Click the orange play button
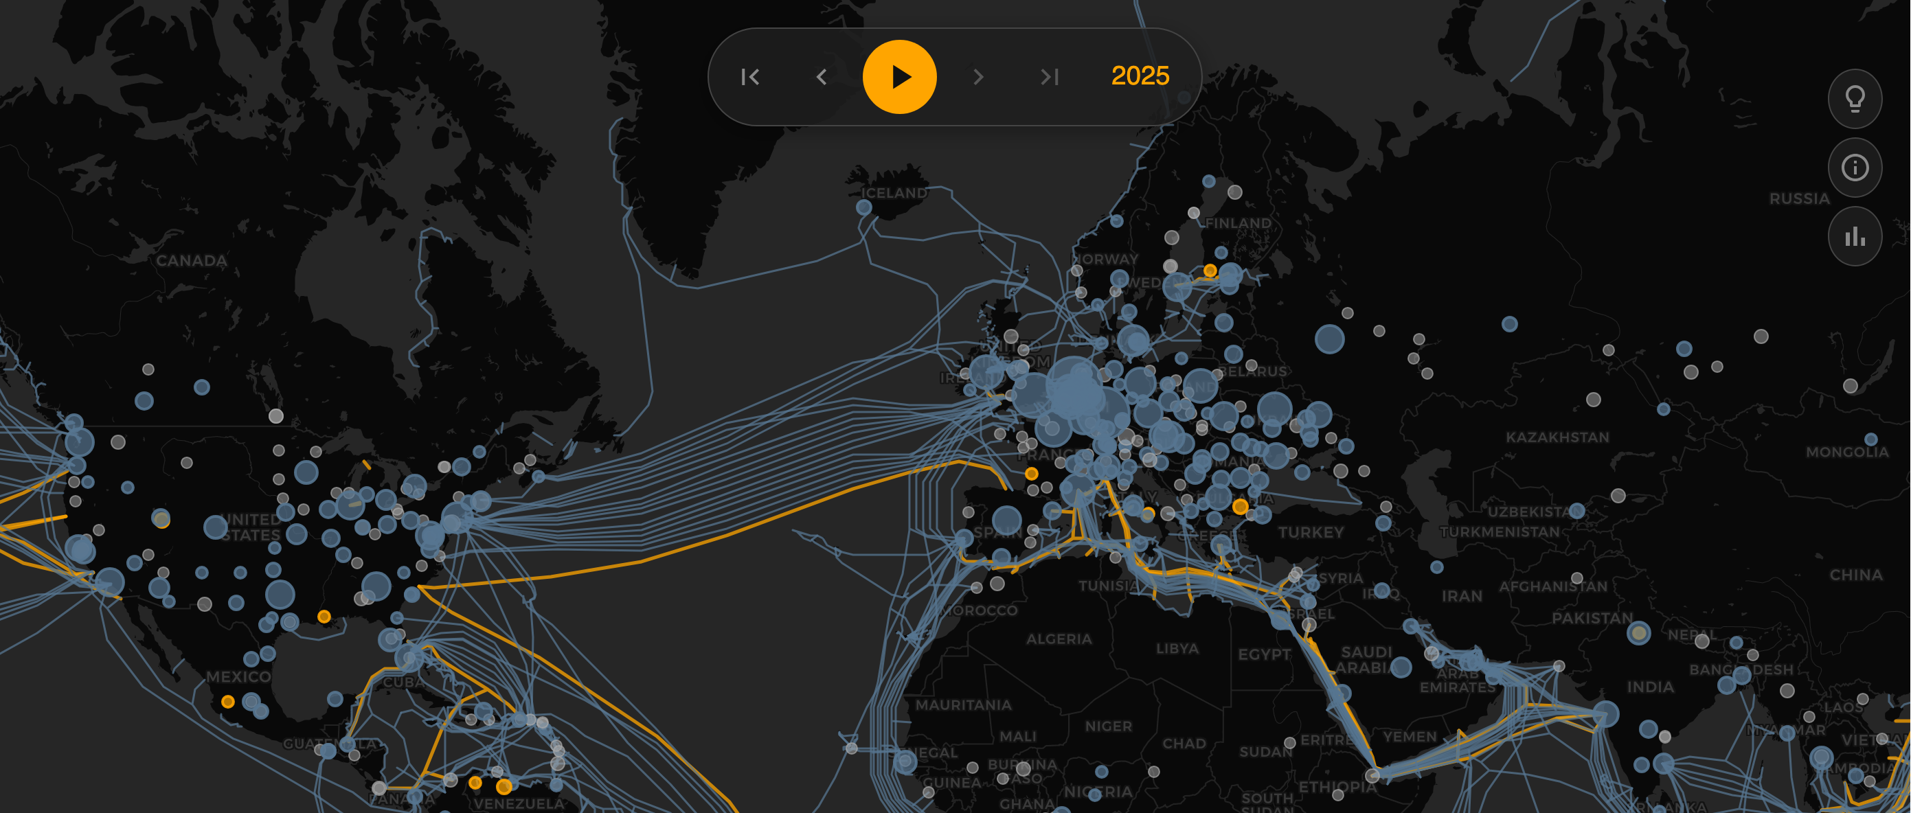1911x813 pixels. [x=899, y=76]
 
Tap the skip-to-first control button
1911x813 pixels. [x=750, y=76]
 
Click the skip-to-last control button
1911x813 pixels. [x=1049, y=76]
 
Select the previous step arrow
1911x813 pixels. [x=822, y=76]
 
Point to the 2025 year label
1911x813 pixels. [x=1140, y=76]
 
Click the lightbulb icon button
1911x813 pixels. [x=1855, y=99]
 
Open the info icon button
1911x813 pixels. [x=1855, y=168]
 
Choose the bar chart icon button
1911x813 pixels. [x=1855, y=237]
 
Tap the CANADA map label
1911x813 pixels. [x=192, y=260]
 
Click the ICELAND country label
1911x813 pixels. [x=894, y=193]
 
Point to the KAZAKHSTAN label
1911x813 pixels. [x=1557, y=437]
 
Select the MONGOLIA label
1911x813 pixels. [x=1846, y=452]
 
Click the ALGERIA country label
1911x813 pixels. [x=1059, y=639]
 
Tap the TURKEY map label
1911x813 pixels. [x=1311, y=532]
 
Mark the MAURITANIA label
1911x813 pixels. [x=963, y=705]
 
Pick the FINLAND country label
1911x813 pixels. [x=1238, y=222]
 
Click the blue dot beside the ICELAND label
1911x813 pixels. [x=863, y=207]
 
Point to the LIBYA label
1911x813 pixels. [x=1177, y=648]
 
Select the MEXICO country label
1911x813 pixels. [x=238, y=676]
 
